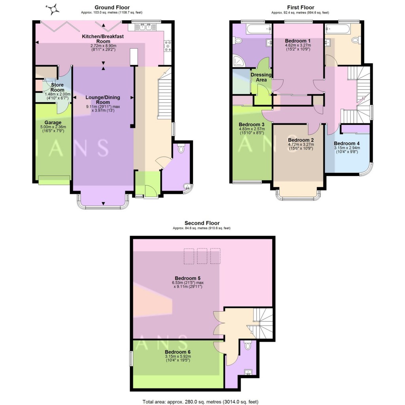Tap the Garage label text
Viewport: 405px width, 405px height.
click(x=52, y=123)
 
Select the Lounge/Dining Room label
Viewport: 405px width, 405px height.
click(x=103, y=100)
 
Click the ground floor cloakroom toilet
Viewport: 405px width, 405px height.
click(x=182, y=149)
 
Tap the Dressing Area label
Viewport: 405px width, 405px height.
click(x=261, y=77)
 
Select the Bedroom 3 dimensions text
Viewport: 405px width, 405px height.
click(x=252, y=131)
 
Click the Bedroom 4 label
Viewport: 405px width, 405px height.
click(x=346, y=143)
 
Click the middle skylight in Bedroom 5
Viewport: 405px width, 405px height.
click(x=202, y=256)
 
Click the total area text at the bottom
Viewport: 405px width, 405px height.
click(x=201, y=402)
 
